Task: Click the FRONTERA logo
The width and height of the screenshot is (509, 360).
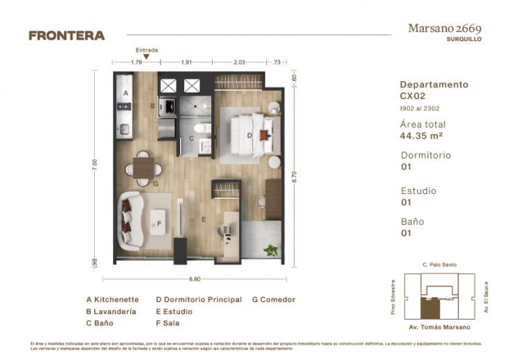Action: coord(67,36)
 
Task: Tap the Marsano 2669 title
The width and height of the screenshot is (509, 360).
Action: coord(443,28)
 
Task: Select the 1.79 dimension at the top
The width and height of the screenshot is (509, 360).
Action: coord(137,63)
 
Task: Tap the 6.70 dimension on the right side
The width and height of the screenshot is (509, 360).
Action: coord(295,177)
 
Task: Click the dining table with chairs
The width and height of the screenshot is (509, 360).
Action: coord(144,167)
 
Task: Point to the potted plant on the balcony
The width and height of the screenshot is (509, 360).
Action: coord(270,248)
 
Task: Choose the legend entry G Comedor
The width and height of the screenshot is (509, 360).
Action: coord(273,299)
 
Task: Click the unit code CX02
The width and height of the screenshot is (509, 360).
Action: coord(413,96)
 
